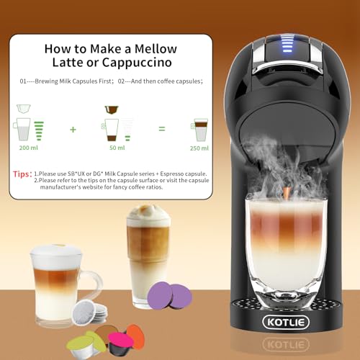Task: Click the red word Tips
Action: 22,174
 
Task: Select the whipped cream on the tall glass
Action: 148,214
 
